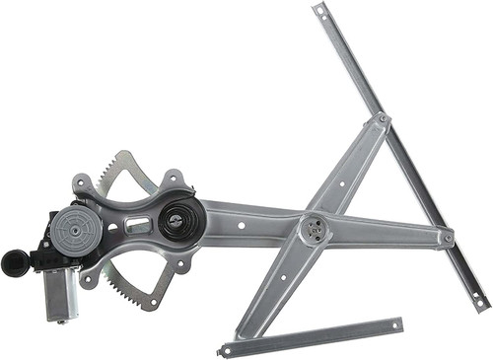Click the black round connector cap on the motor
click(15, 261)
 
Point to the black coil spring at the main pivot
click(179, 219)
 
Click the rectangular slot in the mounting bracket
click(138, 227)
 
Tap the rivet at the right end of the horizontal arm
click(448, 238)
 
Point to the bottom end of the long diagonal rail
click(481, 304)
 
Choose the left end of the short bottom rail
click(226, 349)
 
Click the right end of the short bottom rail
click(397, 323)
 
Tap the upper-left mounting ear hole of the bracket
click(82, 183)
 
